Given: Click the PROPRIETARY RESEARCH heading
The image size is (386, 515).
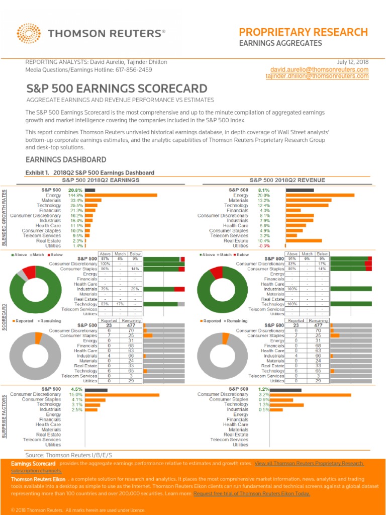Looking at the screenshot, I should click(x=303, y=32).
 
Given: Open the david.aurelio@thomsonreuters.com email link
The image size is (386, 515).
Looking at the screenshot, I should click(x=319, y=69).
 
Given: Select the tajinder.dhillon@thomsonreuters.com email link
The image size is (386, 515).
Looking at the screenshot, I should click(x=317, y=76).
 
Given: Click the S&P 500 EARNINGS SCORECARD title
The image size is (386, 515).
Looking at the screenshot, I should click(x=117, y=89).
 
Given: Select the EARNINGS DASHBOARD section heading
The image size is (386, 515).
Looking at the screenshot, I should click(x=66, y=160).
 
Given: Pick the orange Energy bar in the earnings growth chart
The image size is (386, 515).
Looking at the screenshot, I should click(x=121, y=195).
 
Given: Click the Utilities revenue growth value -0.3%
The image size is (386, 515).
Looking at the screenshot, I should click(x=264, y=246).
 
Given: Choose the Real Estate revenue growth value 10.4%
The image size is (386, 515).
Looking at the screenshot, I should click(x=264, y=241).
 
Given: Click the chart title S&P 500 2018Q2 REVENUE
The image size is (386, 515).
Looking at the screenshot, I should click(x=287, y=180).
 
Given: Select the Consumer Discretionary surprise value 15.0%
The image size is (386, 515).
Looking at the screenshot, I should click(x=76, y=395).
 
